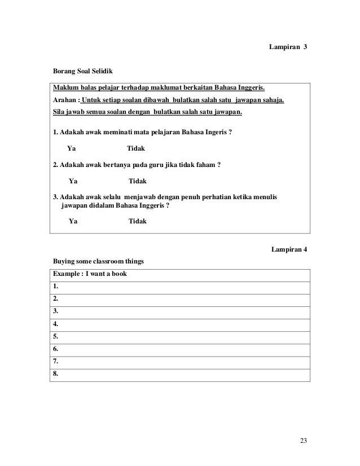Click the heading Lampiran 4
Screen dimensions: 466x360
(x=289, y=249)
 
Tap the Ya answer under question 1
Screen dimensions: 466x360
(x=72, y=148)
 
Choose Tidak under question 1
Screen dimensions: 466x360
(x=136, y=148)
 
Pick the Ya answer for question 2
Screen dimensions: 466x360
(x=73, y=181)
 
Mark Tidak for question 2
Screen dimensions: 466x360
(x=138, y=181)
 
